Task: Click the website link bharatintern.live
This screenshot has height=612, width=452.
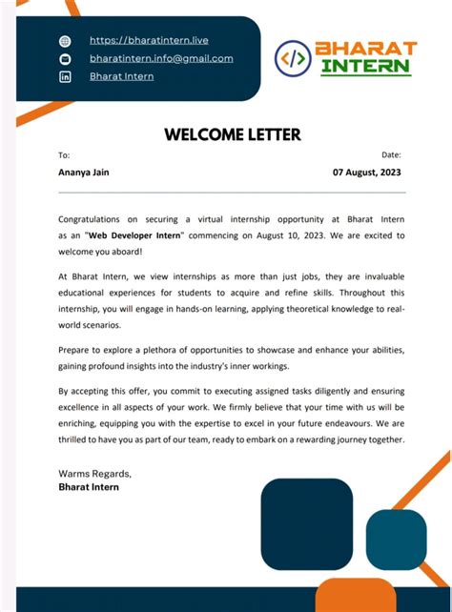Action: coord(149,40)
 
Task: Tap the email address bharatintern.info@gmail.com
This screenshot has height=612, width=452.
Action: coord(161,58)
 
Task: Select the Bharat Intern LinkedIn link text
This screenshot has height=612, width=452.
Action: coord(121,76)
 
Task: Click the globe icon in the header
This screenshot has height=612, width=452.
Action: coord(65,41)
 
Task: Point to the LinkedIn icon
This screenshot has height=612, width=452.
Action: coord(65,76)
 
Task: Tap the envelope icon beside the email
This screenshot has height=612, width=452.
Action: coord(65,59)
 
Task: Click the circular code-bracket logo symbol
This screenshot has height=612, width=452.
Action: coord(293,58)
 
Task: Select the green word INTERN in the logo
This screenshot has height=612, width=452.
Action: coord(365,67)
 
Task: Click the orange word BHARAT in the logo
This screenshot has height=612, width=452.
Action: coord(365,48)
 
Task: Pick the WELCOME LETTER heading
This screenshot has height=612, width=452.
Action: coord(233,134)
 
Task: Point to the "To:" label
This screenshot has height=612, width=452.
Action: coord(64,154)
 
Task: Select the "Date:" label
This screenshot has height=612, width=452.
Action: coord(391,154)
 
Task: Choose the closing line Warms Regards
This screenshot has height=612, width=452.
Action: coord(94,473)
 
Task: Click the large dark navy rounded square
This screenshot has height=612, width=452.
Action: coord(307,523)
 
